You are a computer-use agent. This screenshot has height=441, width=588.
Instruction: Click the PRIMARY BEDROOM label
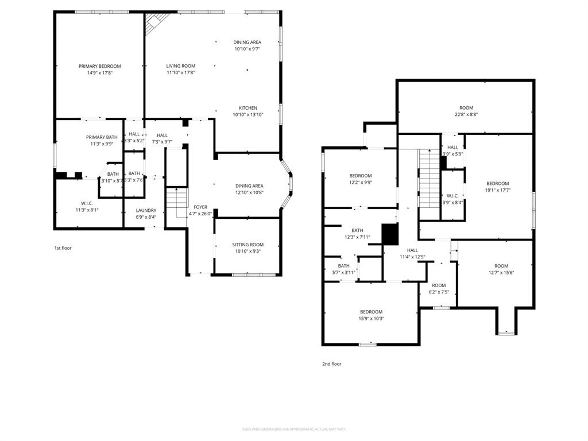coord(99,67)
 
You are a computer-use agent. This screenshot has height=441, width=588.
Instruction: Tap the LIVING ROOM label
coord(181,66)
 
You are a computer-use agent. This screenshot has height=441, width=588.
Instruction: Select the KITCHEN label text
coord(248,108)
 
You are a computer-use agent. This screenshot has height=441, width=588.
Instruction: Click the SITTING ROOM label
coord(247,245)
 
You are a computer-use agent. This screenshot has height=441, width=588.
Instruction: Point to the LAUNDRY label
coord(146,210)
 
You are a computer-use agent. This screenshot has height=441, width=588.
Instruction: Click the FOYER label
coord(200,207)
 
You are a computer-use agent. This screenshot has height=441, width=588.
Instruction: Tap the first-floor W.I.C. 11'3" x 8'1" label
coord(87,203)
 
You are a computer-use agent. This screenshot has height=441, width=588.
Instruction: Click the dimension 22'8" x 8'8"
coord(466,114)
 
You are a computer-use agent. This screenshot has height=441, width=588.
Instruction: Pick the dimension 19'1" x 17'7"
coord(498,190)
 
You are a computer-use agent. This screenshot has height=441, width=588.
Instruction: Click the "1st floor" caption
coord(63,248)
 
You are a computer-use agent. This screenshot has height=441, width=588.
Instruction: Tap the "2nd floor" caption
coord(331,363)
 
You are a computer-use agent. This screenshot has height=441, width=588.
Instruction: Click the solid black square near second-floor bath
coord(390,234)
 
